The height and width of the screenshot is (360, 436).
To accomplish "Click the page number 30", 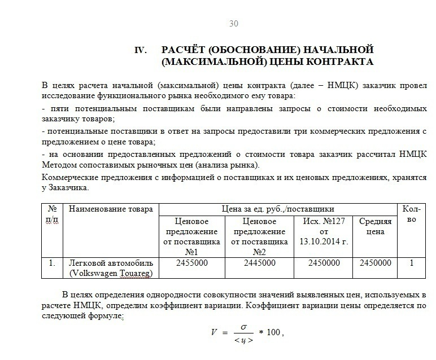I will point(233,23).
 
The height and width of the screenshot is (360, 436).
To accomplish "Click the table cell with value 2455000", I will point(193,263).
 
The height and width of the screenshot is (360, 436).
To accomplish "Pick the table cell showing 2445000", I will point(259,263).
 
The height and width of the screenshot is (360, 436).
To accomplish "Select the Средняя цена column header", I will point(375,226).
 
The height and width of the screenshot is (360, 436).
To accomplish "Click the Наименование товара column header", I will point(111,209).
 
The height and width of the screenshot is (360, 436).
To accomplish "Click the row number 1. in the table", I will point(51,263).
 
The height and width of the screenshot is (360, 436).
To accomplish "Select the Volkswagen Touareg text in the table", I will point(111,274).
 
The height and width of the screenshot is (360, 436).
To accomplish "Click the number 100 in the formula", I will point(273,333).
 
